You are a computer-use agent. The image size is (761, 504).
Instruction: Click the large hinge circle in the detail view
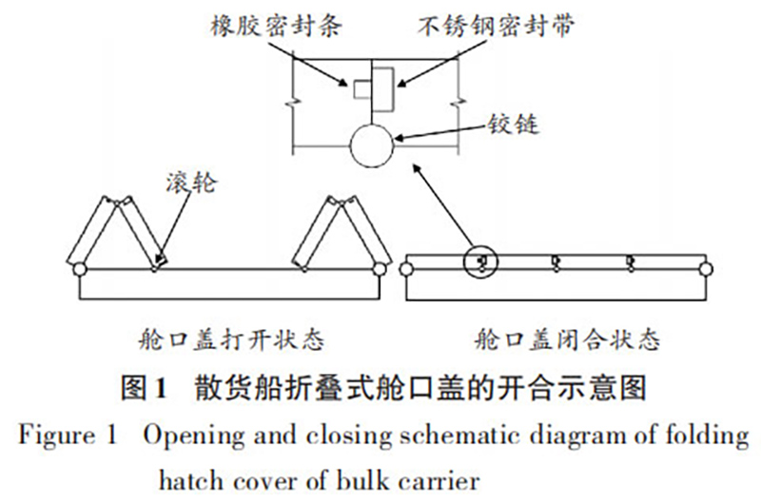369,146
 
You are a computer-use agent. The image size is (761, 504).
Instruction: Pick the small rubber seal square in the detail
362,89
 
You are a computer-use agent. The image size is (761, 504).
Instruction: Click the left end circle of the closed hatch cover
407,269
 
